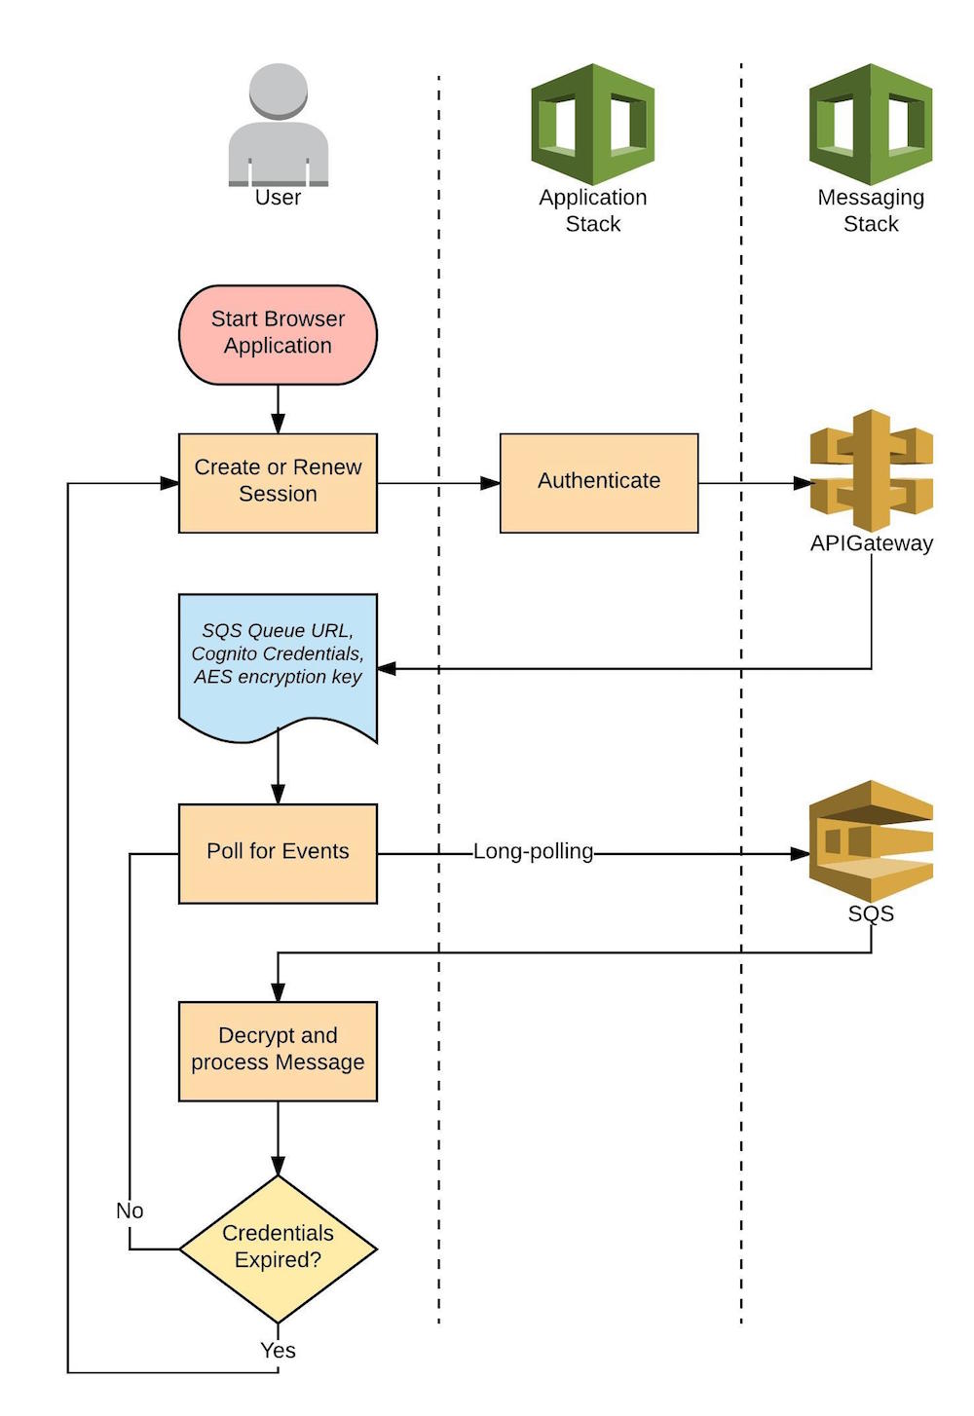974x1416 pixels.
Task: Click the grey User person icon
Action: (279, 124)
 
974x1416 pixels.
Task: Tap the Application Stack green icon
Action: (592, 124)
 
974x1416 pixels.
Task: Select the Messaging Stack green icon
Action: (871, 124)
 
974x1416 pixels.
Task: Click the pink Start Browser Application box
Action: (278, 334)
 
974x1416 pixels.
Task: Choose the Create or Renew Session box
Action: (278, 483)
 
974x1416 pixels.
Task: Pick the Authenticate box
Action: (599, 483)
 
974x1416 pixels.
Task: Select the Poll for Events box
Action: (278, 853)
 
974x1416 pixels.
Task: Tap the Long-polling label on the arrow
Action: (533, 852)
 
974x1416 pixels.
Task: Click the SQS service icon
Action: (871, 839)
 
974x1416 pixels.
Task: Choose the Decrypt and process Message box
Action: (278, 1051)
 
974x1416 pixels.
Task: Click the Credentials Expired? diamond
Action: (278, 1248)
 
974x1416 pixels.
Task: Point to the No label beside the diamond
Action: (130, 1211)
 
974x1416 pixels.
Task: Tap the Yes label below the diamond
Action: (278, 1350)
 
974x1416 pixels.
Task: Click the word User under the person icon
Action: (278, 198)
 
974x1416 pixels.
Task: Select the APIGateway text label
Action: (871, 543)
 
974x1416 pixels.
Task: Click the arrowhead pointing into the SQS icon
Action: (800, 854)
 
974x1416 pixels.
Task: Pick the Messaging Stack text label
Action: (871, 210)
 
